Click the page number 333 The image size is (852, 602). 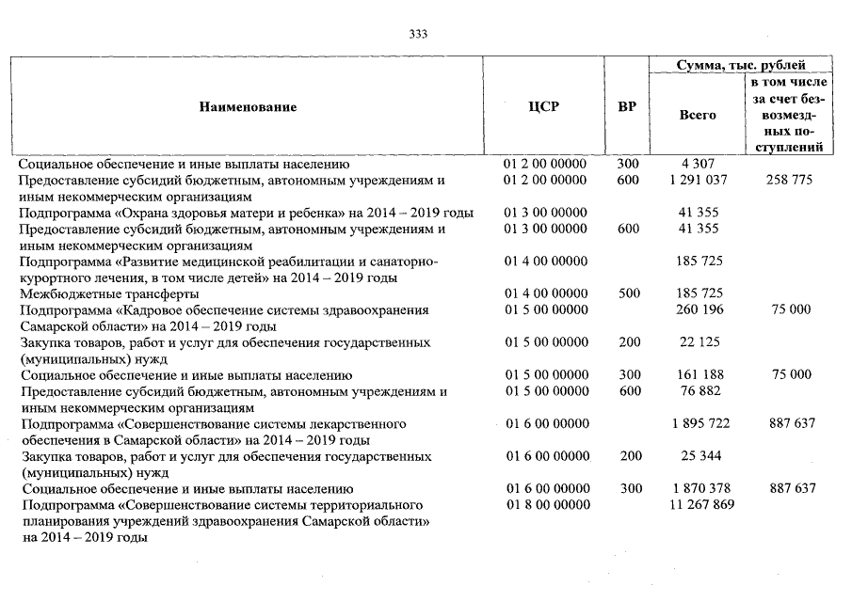point(419,34)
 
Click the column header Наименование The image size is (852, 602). point(248,107)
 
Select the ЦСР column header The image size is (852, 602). point(544,107)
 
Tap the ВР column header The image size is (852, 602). point(626,107)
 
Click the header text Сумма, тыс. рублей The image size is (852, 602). point(741,65)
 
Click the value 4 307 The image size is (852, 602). point(698,164)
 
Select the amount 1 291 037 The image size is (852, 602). point(698,180)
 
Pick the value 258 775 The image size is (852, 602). point(789,180)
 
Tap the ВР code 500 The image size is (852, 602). point(628,293)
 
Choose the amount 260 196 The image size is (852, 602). point(698,309)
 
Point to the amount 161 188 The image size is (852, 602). point(698,374)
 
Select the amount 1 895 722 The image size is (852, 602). point(698,424)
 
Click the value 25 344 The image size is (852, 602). point(698,456)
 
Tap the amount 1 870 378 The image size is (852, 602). point(698,489)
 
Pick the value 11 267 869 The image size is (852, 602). point(698,505)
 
